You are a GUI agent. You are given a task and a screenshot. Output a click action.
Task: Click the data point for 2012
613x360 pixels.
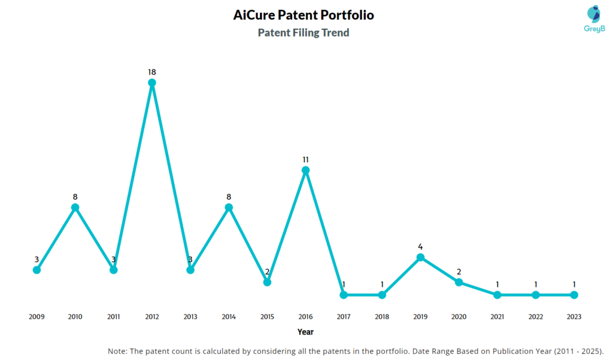pos(152,83)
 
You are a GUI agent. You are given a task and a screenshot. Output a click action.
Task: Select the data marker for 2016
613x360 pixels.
pos(305,170)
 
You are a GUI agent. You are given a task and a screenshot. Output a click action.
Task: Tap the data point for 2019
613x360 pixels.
pos(420,257)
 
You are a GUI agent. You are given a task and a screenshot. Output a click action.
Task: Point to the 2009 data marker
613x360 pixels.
pos(37,270)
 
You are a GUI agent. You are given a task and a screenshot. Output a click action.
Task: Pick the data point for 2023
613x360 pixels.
pos(573,295)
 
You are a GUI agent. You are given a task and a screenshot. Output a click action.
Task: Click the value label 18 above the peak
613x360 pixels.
pos(152,72)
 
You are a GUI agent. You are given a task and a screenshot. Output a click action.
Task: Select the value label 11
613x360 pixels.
pos(305,159)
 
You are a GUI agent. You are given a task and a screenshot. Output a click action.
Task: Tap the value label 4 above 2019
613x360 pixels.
pos(420,246)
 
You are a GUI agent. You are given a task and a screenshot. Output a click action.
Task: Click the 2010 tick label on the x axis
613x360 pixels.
pos(75,316)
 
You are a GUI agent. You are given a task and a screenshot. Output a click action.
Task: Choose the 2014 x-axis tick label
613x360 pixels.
pos(229,316)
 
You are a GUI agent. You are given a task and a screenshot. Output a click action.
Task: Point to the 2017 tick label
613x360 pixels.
pos(344,316)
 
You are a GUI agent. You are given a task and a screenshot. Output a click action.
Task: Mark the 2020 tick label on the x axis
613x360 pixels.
pos(459,316)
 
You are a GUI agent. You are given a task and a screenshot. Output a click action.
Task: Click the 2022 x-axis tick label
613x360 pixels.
pos(535,316)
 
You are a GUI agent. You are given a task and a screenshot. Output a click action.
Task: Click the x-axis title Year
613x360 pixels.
pos(305,331)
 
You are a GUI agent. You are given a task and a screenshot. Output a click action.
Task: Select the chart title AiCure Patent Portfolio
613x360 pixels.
pos(304,15)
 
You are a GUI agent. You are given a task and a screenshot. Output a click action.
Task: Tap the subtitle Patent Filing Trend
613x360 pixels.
pos(304,33)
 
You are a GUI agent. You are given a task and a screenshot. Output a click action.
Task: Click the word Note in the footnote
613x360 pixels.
pos(118,351)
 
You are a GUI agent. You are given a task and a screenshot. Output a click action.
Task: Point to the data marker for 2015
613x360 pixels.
pos(267,282)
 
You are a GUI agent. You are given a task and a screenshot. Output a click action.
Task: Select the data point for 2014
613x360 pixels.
pos(229,207)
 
